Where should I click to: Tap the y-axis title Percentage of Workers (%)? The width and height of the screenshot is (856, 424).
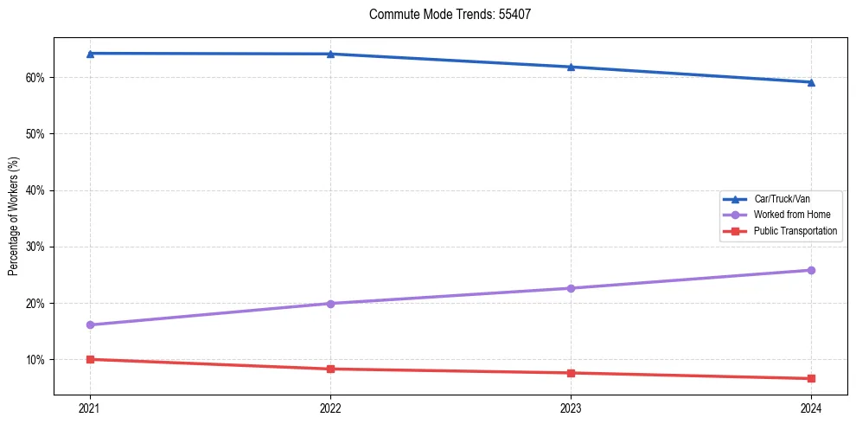(x=13, y=216)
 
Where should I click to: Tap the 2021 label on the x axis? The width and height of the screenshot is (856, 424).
(x=90, y=408)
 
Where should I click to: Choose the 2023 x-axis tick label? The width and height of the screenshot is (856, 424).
(x=571, y=408)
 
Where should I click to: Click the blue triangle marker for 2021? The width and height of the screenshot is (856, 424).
(x=90, y=54)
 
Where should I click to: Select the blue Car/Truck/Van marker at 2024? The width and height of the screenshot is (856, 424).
(x=811, y=82)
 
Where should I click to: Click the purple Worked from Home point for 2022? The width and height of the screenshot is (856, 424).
(x=330, y=303)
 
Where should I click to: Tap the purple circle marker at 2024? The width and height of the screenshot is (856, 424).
(x=811, y=270)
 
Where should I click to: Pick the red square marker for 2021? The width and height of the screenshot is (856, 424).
(x=90, y=359)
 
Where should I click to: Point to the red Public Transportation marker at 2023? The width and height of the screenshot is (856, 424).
(x=571, y=373)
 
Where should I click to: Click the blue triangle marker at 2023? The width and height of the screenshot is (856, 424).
(x=571, y=67)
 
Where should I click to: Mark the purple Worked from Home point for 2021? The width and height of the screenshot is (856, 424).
(x=90, y=324)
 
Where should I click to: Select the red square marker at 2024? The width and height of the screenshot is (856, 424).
(x=811, y=378)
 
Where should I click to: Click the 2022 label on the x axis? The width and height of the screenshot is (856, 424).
(x=330, y=408)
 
